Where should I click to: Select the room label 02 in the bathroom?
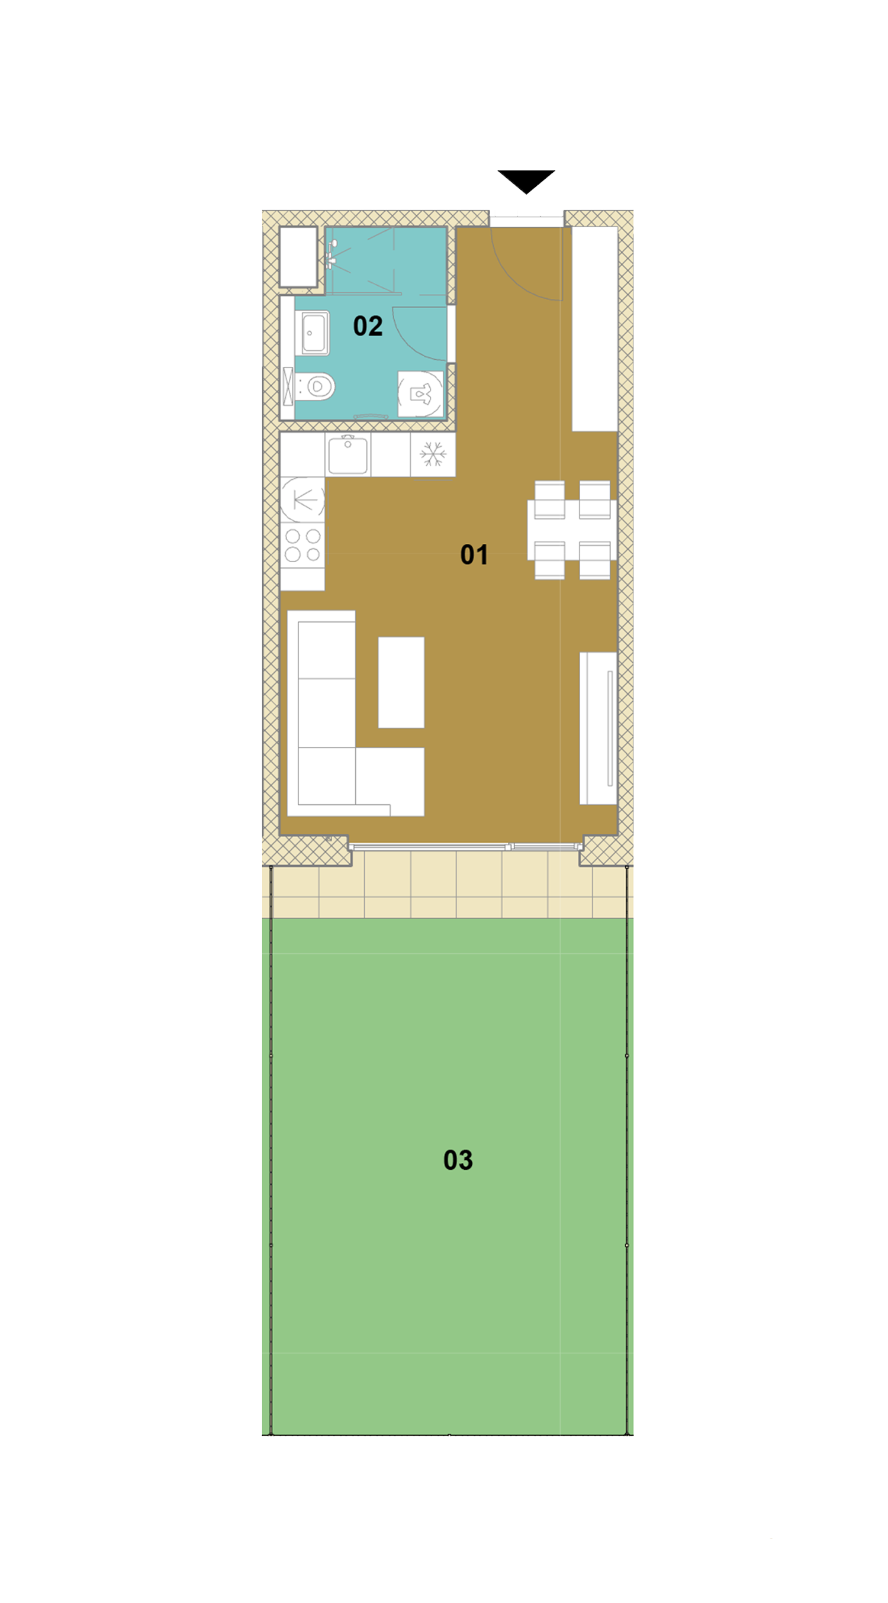(x=368, y=326)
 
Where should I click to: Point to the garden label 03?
(x=458, y=1160)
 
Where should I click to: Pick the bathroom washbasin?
(x=314, y=333)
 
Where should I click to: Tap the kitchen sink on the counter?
(x=348, y=455)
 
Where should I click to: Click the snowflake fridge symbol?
(x=433, y=454)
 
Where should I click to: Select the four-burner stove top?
(x=303, y=546)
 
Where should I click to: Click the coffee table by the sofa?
(x=401, y=682)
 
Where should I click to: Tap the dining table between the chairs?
(x=572, y=530)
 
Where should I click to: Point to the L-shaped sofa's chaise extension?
(x=390, y=782)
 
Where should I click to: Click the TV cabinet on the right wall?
(x=599, y=728)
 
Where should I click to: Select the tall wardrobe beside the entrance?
(x=595, y=328)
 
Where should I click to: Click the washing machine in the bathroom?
(x=420, y=394)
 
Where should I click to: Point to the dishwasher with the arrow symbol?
(x=303, y=499)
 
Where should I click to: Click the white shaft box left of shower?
(x=298, y=257)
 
